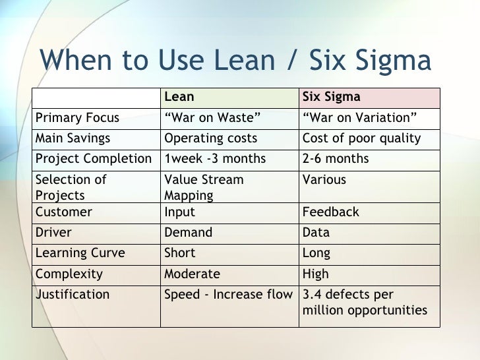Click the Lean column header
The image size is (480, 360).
pyautogui.click(x=179, y=97)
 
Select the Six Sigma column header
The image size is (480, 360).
pyautogui.click(x=331, y=97)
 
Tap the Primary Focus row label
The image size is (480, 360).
pyautogui.click(x=77, y=118)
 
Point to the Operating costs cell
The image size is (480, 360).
pyautogui.click(x=210, y=138)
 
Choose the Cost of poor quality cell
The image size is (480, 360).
pyautogui.click(x=361, y=138)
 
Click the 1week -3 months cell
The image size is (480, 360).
pyautogui.click(x=215, y=159)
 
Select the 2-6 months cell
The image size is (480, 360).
pyautogui.click(x=335, y=159)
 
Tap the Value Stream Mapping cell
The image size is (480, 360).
pyautogui.click(x=204, y=187)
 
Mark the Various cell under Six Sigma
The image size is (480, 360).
pyautogui.click(x=324, y=179)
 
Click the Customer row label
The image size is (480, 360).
pyautogui.click(x=63, y=212)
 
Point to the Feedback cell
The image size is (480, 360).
pyautogui.click(x=330, y=212)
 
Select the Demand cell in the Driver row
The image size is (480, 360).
pyautogui.click(x=189, y=232)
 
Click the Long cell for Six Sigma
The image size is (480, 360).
pyautogui.click(x=316, y=253)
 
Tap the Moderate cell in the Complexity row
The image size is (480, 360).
pyautogui.click(x=192, y=274)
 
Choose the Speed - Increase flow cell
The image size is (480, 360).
pyautogui.click(x=227, y=295)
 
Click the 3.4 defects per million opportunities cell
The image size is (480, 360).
pyautogui.click(x=364, y=302)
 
